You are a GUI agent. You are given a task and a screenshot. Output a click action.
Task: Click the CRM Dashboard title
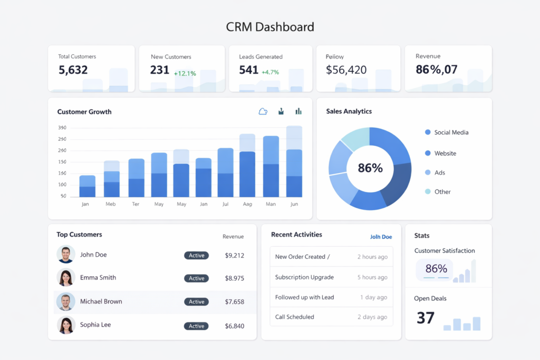tap(269, 27)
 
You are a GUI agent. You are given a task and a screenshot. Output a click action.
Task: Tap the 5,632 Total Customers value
tap(73, 70)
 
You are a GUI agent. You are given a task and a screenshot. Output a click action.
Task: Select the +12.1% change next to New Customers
tap(185, 73)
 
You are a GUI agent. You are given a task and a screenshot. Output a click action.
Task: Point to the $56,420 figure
tap(346, 70)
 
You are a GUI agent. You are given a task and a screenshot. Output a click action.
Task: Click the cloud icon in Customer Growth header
tap(263, 111)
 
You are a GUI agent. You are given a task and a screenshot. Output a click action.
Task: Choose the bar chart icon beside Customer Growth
tap(298, 111)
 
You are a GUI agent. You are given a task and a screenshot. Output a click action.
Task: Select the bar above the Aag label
tap(247, 166)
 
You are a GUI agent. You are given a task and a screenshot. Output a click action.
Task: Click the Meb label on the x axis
tap(110, 204)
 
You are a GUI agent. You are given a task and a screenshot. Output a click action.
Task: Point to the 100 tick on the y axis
tap(62, 184)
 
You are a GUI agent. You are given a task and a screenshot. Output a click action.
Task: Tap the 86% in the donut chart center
tap(370, 168)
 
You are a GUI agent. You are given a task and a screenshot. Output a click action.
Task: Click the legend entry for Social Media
tap(451, 132)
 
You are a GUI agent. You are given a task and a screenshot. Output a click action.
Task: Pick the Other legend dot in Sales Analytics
tap(428, 192)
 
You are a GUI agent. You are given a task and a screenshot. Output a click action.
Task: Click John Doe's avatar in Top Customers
tap(66, 255)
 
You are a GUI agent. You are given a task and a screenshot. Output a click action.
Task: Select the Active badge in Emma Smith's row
tap(196, 278)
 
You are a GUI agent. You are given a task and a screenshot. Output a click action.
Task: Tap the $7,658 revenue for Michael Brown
tap(234, 302)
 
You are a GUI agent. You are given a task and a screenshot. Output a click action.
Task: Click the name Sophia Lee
tap(95, 325)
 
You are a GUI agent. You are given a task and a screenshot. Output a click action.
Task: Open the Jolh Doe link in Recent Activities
tap(381, 237)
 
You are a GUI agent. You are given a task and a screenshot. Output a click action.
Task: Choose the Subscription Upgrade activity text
tap(304, 277)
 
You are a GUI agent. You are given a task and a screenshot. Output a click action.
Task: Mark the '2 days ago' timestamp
tap(372, 317)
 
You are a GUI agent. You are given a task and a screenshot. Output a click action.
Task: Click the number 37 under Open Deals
tap(426, 318)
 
